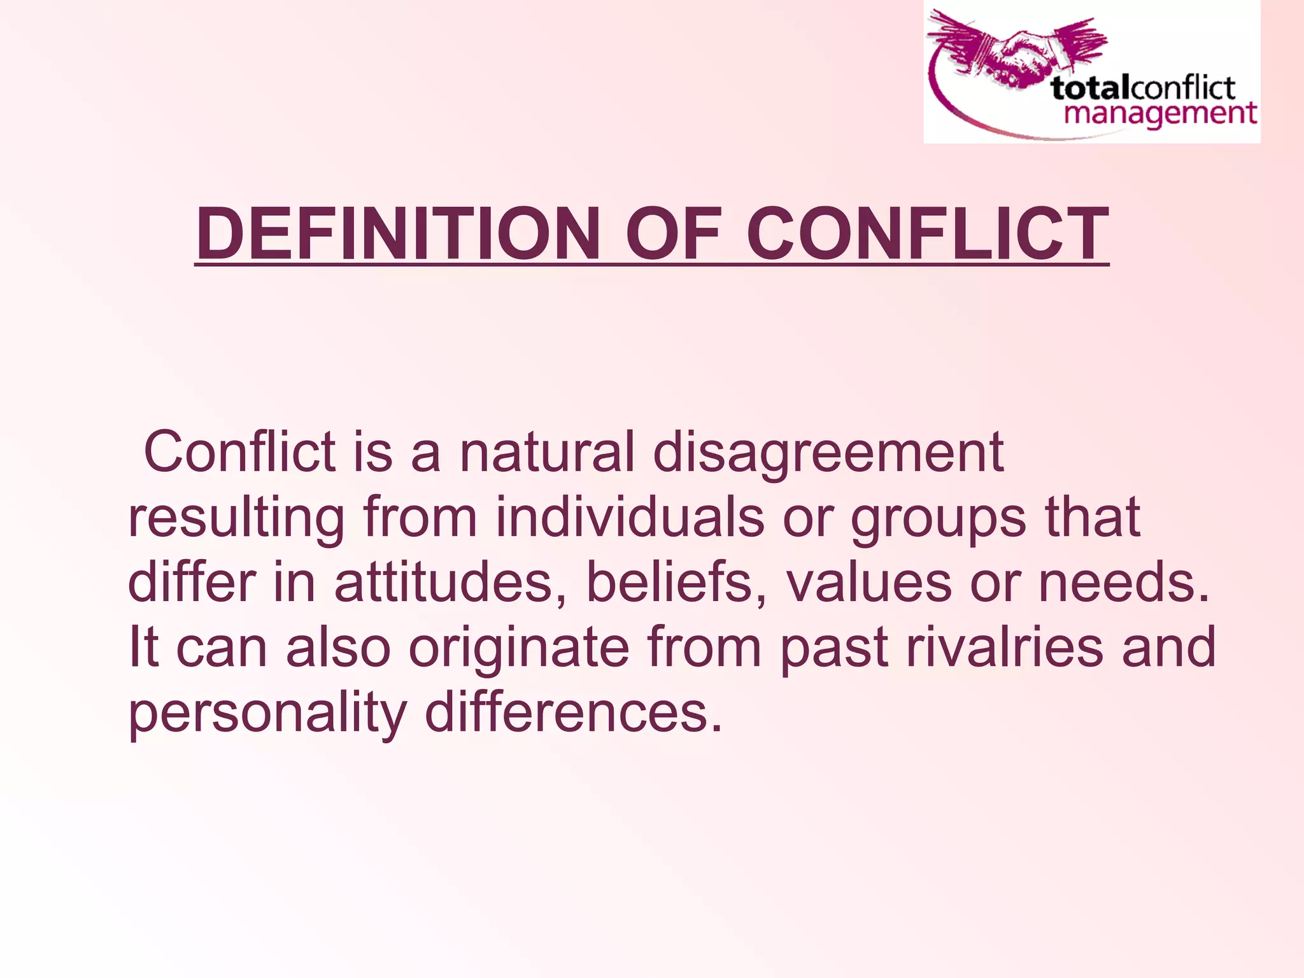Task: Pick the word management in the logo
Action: (1160, 115)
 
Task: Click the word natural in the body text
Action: (547, 451)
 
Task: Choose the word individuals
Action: (630, 517)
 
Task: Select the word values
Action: (869, 583)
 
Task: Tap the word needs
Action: (1123, 583)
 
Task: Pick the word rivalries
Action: (1005, 647)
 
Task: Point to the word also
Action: (338, 647)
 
